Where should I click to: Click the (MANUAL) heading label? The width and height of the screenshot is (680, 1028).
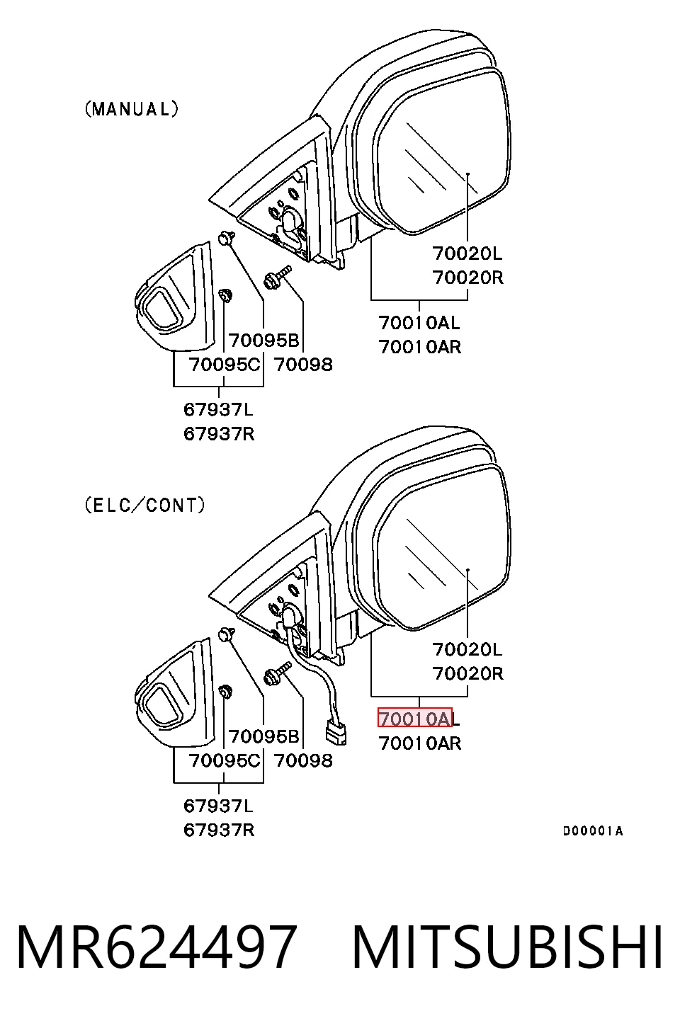click(x=132, y=109)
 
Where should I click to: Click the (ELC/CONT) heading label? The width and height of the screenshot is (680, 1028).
click(x=145, y=506)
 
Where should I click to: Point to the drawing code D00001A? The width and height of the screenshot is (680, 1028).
click(x=593, y=831)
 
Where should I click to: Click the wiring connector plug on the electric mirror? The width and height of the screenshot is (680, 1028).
click(x=336, y=733)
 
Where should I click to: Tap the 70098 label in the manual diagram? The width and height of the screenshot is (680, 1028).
click(x=303, y=365)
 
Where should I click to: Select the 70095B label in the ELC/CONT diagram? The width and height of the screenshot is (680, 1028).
click(x=263, y=736)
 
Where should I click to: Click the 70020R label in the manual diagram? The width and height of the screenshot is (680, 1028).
click(x=468, y=278)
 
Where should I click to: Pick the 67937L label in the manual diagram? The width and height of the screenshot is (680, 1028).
click(x=219, y=409)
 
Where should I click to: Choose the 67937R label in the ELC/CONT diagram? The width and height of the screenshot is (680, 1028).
click(x=219, y=830)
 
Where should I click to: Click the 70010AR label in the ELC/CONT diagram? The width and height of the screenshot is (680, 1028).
click(x=420, y=743)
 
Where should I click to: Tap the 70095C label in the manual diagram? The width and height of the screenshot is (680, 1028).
click(x=224, y=365)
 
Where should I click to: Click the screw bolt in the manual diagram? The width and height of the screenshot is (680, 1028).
click(x=278, y=276)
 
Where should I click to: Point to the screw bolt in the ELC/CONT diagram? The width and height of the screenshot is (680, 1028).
click(x=278, y=673)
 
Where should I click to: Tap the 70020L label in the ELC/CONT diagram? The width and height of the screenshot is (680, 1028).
click(x=467, y=649)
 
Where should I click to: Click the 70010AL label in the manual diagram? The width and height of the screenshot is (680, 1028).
click(x=419, y=323)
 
